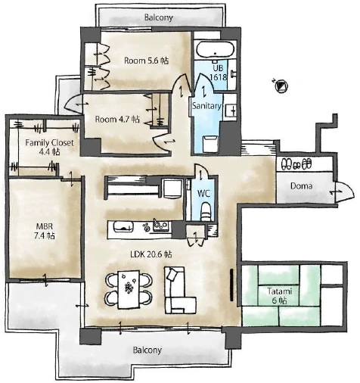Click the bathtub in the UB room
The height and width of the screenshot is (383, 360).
click(215, 50)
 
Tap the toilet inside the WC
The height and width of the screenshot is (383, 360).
click(206, 211)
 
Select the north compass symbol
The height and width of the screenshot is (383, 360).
click(281, 86)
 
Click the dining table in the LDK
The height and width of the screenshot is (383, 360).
click(129, 289)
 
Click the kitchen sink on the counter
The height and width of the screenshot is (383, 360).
click(123, 227)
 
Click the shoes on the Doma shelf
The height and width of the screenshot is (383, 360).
click(296, 164)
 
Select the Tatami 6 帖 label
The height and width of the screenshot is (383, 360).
click(279, 296)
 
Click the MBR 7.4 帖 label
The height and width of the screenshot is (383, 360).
click(45, 231)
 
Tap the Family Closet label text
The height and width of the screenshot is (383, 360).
click(49, 143)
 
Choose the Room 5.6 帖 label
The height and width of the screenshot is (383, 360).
click(146, 61)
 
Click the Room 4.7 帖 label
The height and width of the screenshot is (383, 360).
click(117, 119)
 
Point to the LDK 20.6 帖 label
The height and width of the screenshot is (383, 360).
click(151, 254)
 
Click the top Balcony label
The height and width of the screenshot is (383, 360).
click(159, 17)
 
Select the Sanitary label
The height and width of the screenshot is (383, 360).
click(206, 106)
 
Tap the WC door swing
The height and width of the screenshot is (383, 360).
click(201, 172)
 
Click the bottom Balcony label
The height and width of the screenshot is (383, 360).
click(147, 350)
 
